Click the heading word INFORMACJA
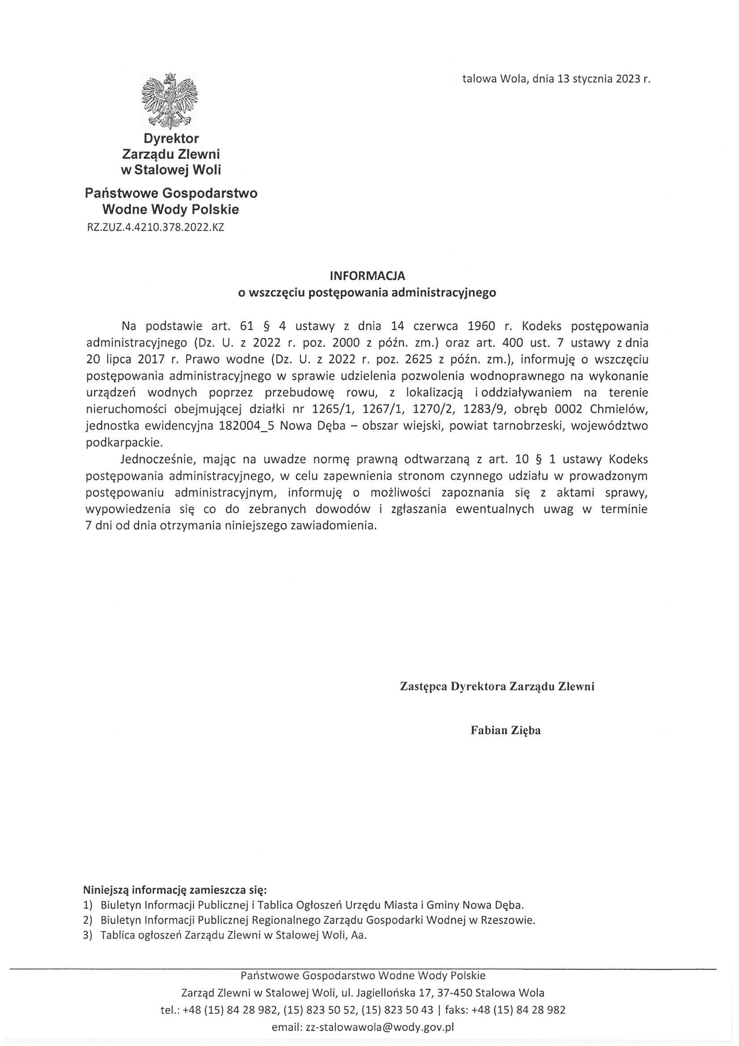pyautogui.click(x=367, y=276)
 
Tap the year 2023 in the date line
pyautogui.click(x=629, y=79)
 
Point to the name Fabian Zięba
pyautogui.click(x=506, y=730)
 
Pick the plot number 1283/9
pyautogui.click(x=484, y=408)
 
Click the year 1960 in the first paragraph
pyautogui.click(x=481, y=326)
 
